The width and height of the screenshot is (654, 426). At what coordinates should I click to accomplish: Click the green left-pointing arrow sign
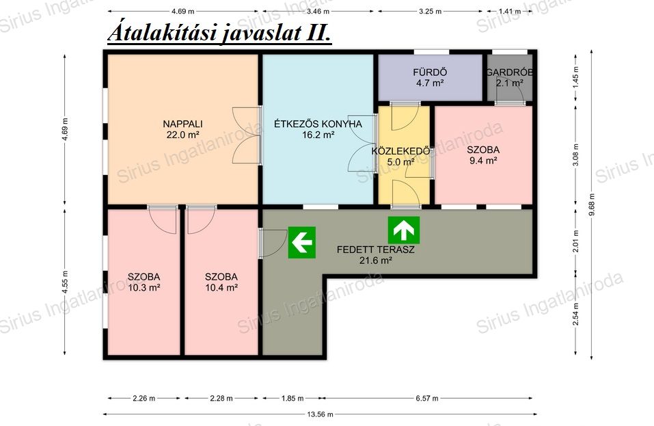(302, 243)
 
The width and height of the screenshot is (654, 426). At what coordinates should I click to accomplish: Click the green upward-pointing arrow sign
(404, 230)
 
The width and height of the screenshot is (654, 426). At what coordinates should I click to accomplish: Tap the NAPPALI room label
(182, 124)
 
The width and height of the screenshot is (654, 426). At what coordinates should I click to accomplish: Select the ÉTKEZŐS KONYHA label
(318, 124)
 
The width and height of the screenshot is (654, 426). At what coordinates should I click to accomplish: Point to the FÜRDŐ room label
(430, 72)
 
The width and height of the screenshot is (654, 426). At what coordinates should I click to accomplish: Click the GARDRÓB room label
(509, 72)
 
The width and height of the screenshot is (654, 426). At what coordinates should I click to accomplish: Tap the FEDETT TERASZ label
(376, 250)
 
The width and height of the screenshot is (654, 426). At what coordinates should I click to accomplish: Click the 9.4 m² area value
(483, 161)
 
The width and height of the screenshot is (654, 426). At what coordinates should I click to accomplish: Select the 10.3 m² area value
(144, 287)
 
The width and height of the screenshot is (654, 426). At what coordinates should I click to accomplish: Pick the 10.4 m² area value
(221, 287)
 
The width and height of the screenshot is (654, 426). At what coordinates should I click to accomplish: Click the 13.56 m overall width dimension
(321, 414)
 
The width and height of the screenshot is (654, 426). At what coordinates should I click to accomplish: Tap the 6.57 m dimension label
(427, 399)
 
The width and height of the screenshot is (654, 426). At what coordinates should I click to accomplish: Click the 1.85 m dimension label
(292, 399)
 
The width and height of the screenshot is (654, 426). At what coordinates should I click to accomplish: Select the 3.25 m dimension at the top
(430, 11)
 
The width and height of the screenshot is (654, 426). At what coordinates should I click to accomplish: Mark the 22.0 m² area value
(182, 135)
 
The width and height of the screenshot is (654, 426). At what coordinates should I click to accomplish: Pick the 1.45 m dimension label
(576, 76)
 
